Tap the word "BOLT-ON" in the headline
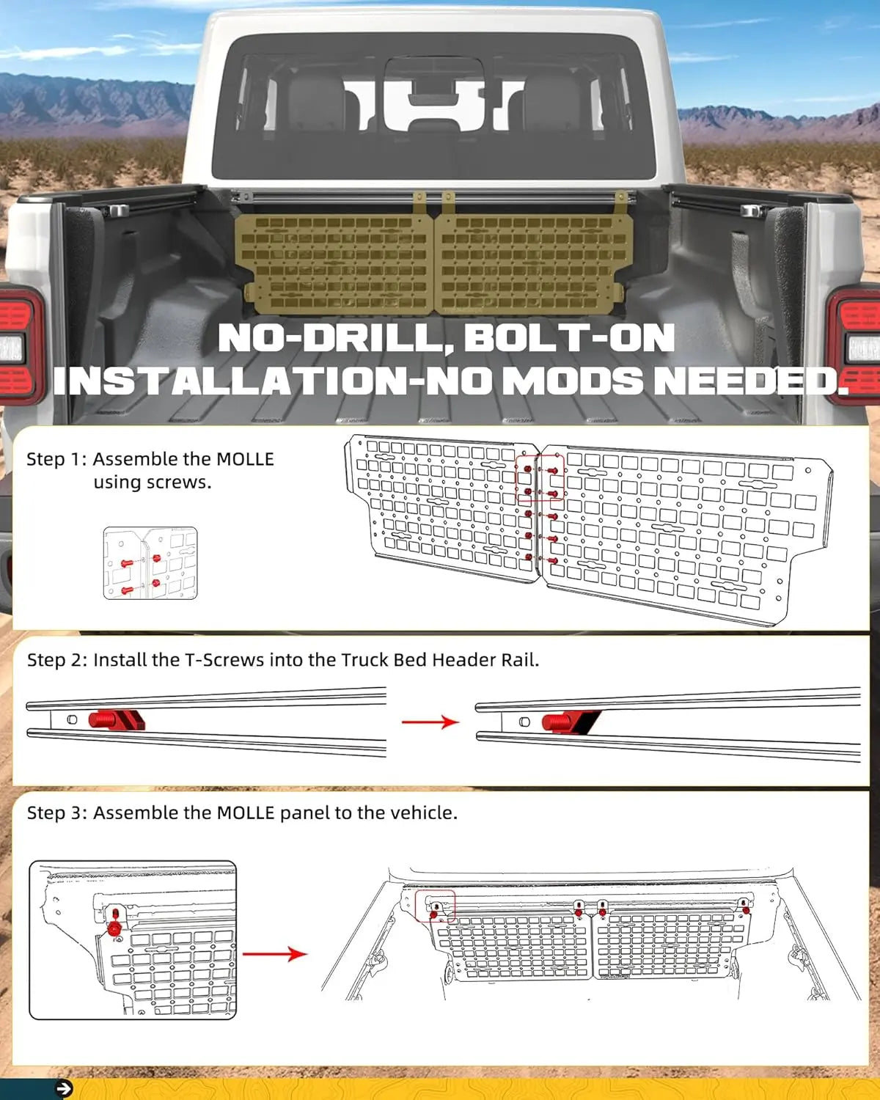click(x=569, y=339)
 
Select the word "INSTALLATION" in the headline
click(x=229, y=381)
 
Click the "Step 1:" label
click(x=56, y=459)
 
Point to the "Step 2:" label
click(x=57, y=660)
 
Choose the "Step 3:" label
click(x=57, y=813)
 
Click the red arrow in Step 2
click(x=430, y=722)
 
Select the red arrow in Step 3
click(x=274, y=954)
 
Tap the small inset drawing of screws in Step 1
click(x=150, y=563)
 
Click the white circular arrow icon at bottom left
click(x=64, y=1089)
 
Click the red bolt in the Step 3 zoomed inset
click(x=114, y=928)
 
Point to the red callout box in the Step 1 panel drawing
click(x=540, y=477)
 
